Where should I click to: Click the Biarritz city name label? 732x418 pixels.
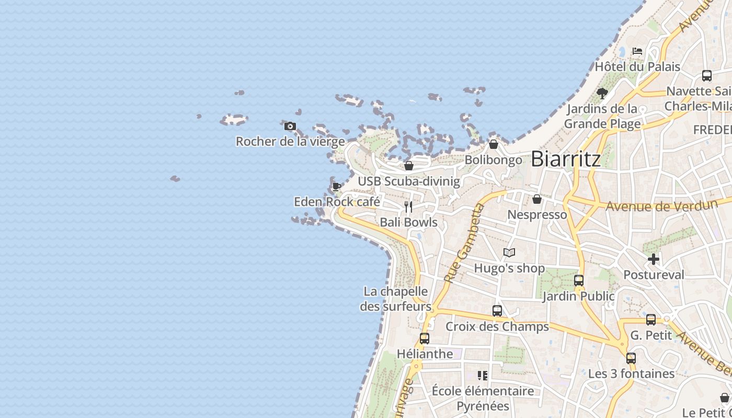click(566, 159)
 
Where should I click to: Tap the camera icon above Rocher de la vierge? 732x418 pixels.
click(290, 126)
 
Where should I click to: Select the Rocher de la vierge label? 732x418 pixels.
click(290, 141)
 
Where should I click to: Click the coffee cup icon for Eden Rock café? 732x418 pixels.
click(337, 186)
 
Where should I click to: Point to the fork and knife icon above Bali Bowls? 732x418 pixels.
click(408, 207)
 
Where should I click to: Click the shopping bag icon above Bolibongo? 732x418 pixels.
click(494, 144)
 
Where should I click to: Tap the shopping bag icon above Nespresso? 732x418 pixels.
click(537, 199)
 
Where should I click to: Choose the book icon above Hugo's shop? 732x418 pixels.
click(509, 253)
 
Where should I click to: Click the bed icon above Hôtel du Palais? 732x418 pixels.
click(637, 51)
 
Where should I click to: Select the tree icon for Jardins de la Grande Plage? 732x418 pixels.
click(602, 94)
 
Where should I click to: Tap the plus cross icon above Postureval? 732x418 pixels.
click(654, 259)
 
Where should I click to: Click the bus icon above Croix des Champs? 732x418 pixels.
click(497, 311)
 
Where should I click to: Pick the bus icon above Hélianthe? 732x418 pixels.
click(425, 338)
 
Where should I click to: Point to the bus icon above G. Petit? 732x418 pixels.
click(651, 319)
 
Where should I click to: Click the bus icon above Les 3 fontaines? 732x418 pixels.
click(631, 358)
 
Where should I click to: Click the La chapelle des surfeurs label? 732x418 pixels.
click(396, 299)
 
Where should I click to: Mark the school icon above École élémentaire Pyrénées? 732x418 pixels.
click(483, 375)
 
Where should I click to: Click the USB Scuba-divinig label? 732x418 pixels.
click(409, 181)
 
